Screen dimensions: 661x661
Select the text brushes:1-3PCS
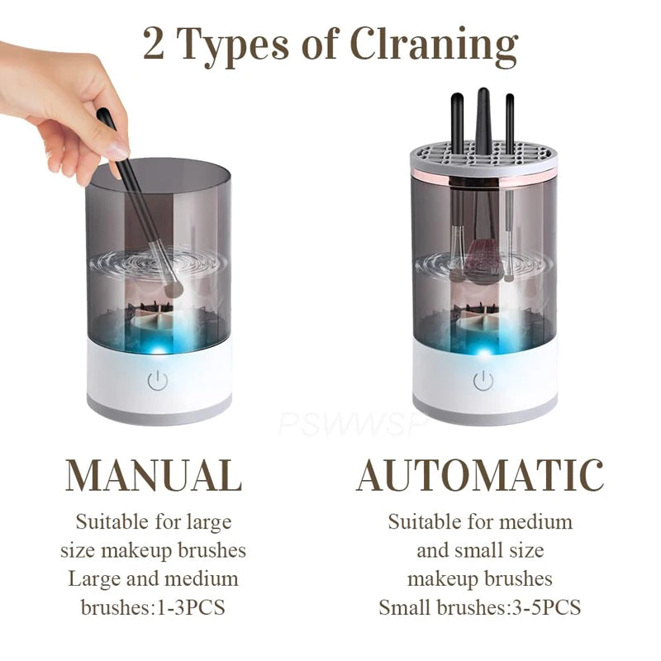pyautogui.click(x=154, y=607)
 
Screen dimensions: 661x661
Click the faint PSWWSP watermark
pyautogui.click(x=351, y=423)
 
